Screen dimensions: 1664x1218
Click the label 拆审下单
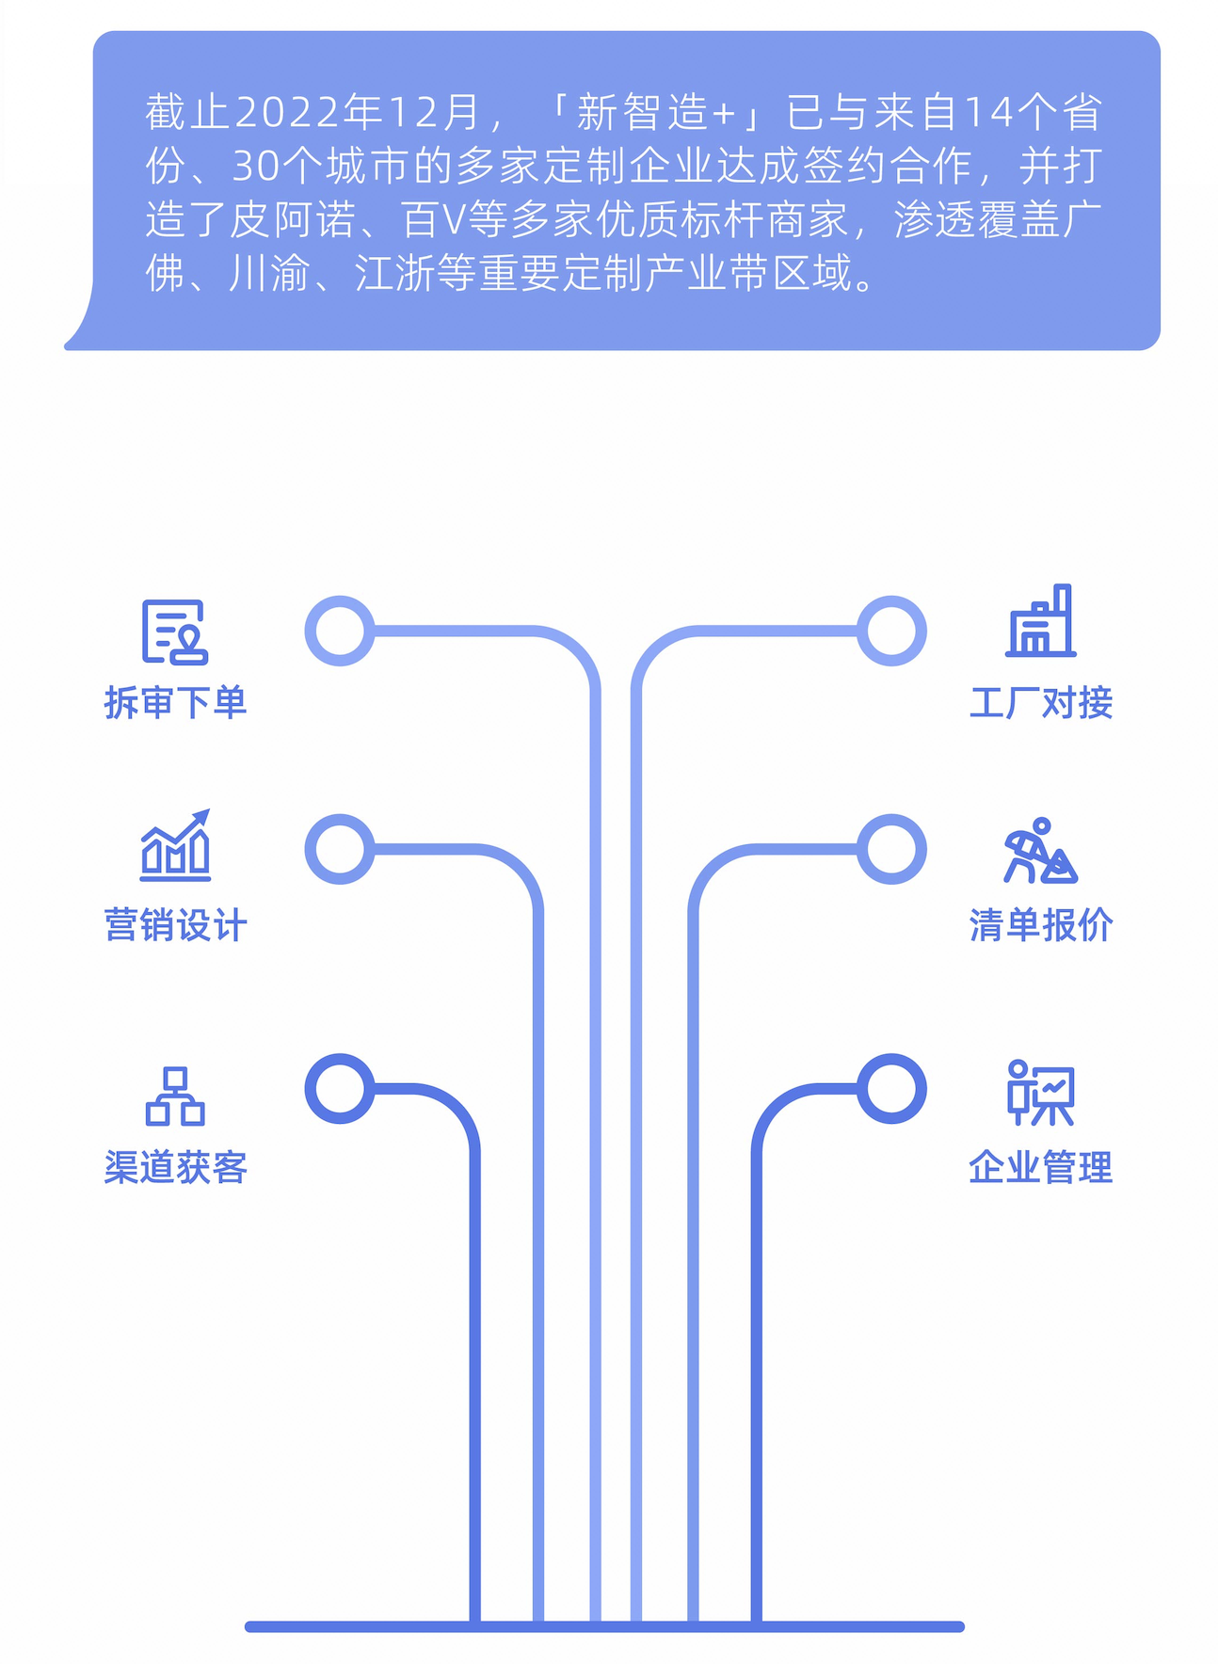pos(175,703)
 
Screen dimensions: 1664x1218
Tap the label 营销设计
pos(175,925)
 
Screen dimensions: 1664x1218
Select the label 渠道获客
pos(175,1167)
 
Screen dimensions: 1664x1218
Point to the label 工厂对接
pos(1041,703)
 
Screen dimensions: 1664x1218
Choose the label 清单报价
pos(1041,925)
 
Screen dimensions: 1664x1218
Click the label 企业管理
pos(1041,1167)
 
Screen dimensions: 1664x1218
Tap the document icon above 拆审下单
pos(174,631)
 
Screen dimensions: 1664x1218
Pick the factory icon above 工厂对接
pos(1041,621)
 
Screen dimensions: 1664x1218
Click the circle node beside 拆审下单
pos(340,631)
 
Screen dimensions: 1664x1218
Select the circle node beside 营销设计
pos(340,849)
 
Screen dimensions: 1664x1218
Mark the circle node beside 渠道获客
pos(340,1088)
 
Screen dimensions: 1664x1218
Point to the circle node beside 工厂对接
pos(891,631)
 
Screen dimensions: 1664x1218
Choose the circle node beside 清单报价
pos(891,849)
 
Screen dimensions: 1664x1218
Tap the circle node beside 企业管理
pos(891,1088)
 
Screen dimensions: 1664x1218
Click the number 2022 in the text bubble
pos(286,113)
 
